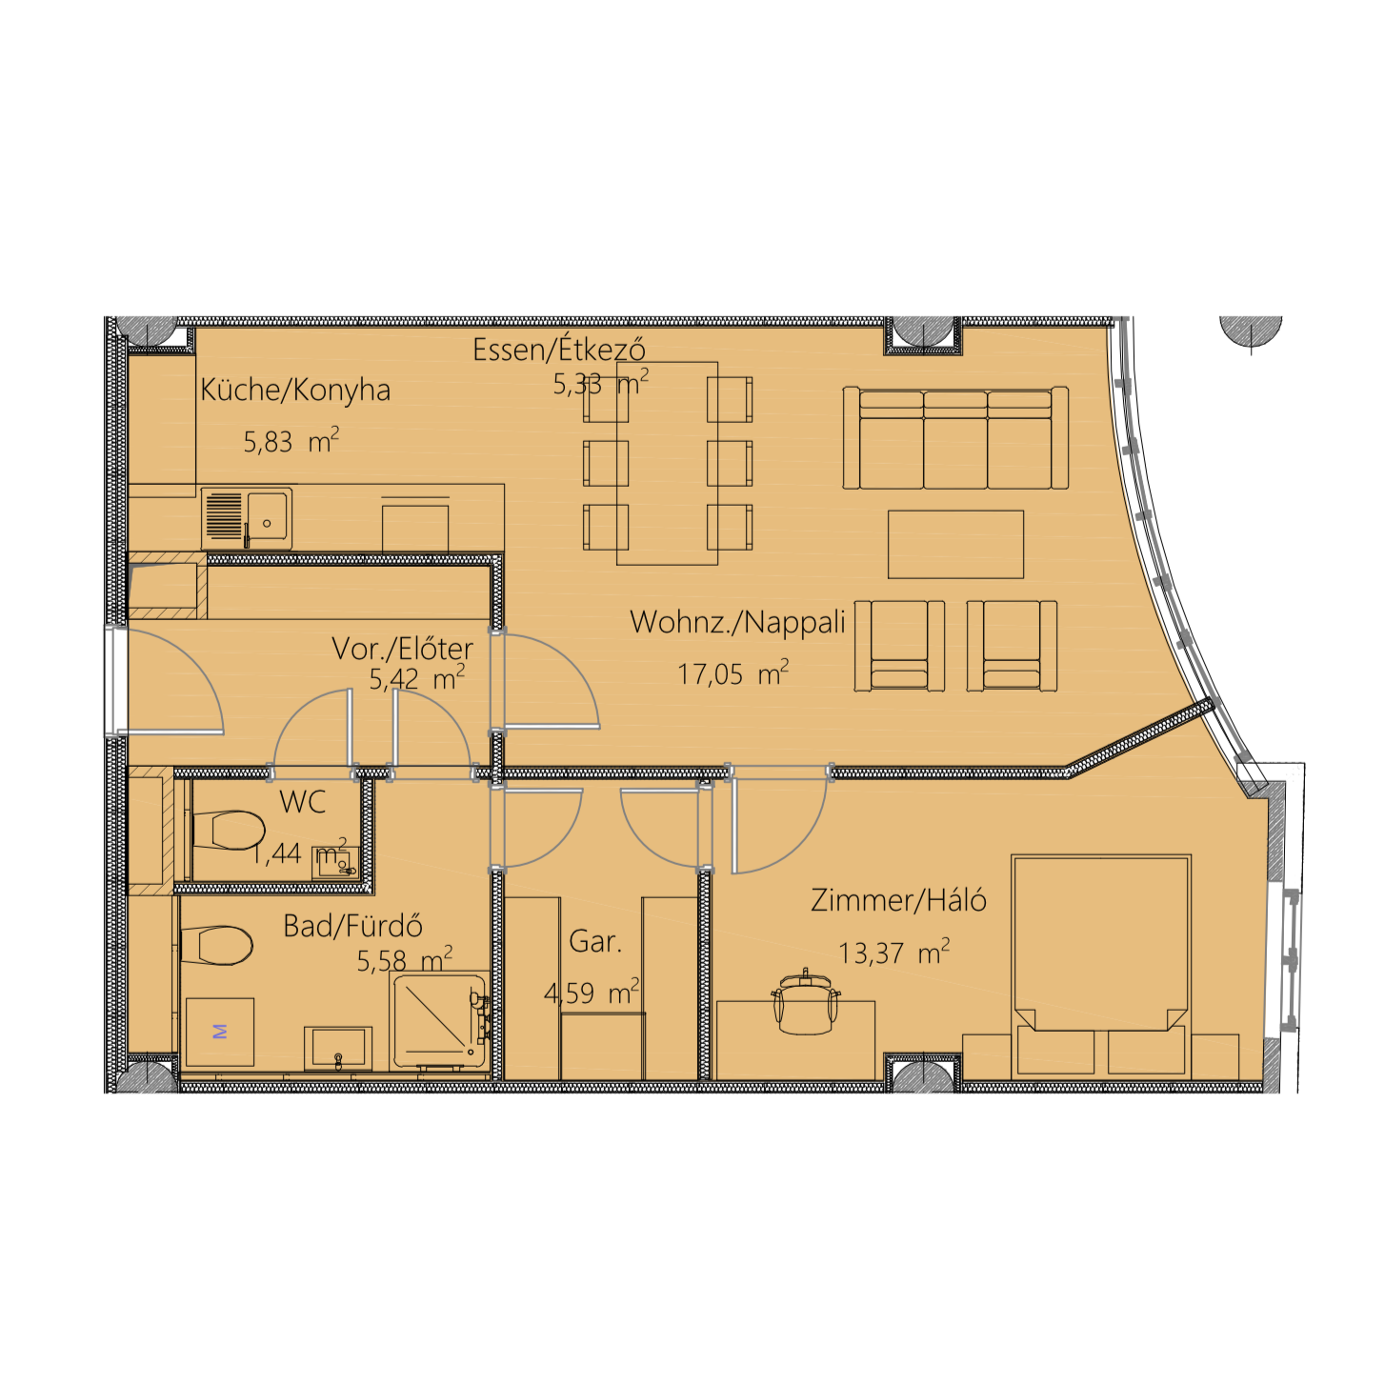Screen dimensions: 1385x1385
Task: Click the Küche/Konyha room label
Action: tap(294, 391)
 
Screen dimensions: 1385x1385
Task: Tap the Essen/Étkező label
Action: tap(558, 350)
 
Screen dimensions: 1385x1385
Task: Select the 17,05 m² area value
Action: tap(733, 673)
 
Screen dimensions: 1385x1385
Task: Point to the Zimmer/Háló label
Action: tap(897, 900)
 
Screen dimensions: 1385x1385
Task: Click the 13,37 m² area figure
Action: tap(893, 953)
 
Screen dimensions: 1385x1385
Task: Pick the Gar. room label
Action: tap(594, 941)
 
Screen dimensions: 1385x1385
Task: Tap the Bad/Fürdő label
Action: tap(352, 926)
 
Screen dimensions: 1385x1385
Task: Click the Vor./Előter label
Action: tap(402, 649)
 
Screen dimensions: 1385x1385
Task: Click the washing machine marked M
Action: tap(220, 1032)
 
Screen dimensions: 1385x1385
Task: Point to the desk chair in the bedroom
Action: tap(805, 1003)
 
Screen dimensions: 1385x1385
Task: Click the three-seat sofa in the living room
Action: tap(955, 438)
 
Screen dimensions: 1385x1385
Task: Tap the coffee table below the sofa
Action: tap(955, 544)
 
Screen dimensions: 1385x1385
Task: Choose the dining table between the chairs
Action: tap(667, 464)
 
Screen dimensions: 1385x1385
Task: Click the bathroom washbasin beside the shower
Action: tap(338, 1048)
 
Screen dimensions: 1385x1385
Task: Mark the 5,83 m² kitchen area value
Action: tap(291, 441)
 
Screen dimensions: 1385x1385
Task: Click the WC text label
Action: tap(303, 802)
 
